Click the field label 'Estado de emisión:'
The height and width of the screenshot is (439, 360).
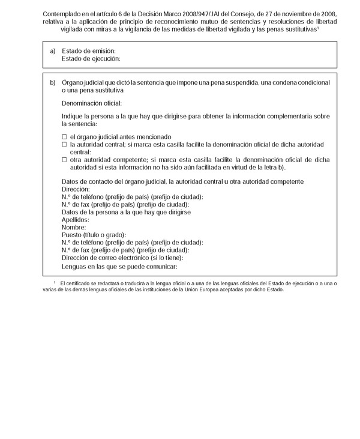point(89,51)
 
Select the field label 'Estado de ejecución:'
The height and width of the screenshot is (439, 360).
point(91,59)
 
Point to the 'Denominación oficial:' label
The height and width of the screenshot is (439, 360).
point(92,103)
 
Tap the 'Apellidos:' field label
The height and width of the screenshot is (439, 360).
point(76,220)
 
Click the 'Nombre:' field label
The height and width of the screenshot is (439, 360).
point(74,228)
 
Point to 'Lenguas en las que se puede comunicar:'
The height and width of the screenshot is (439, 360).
point(120,266)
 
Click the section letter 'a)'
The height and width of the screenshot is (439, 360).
point(53,51)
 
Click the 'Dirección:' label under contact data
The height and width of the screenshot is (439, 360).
point(76,189)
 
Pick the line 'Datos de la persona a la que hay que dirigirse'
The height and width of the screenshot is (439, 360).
point(130,212)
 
